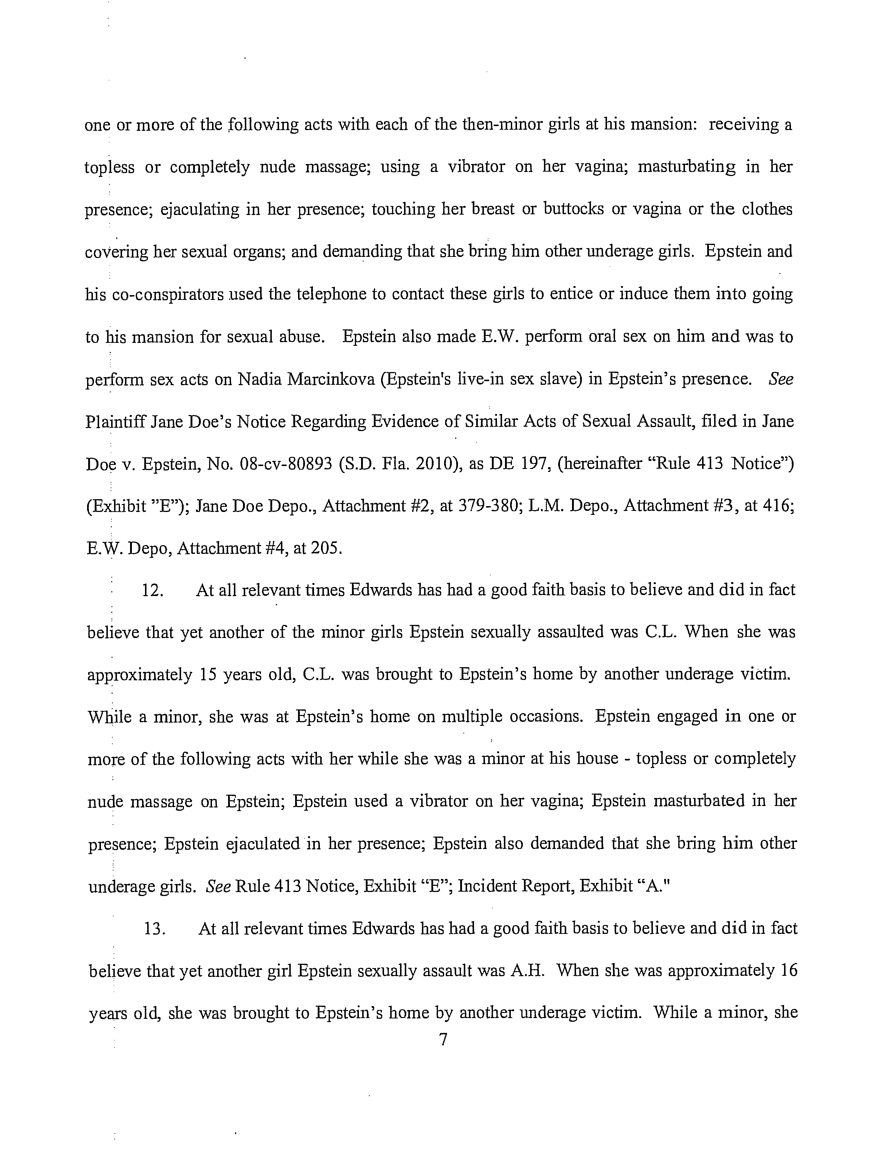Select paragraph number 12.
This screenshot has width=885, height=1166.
tap(152, 590)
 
